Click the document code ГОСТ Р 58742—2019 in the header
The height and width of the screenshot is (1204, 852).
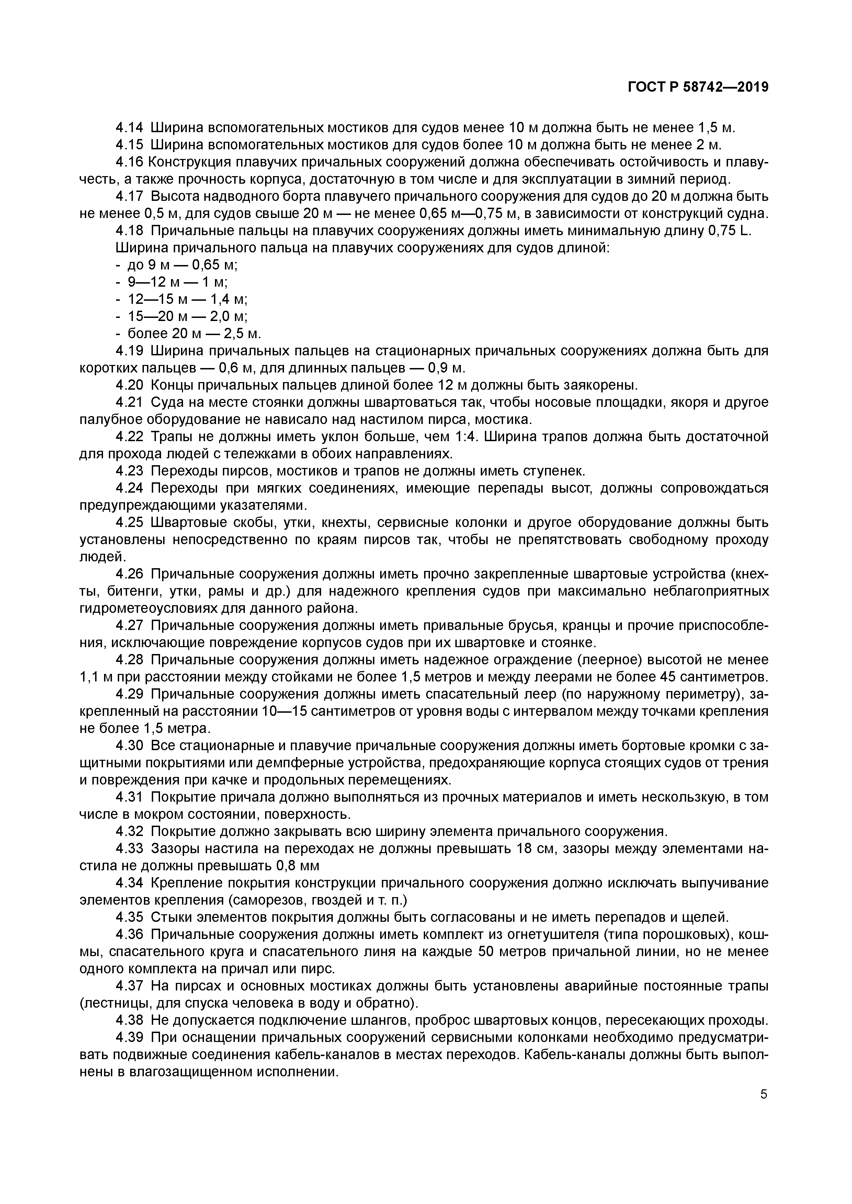pyautogui.click(x=698, y=88)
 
